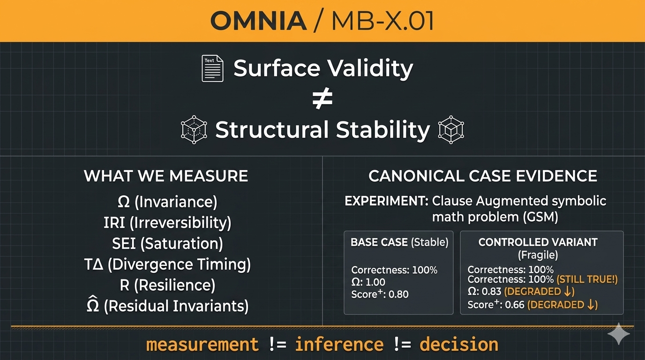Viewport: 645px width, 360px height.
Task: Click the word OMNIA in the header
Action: click(x=258, y=21)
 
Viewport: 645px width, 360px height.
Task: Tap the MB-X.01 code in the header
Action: click(x=382, y=21)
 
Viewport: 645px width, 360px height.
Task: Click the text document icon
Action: click(x=212, y=68)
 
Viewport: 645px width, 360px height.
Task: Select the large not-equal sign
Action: click(x=322, y=99)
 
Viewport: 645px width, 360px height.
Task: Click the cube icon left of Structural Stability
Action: click(x=194, y=129)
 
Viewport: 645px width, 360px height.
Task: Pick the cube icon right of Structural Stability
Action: click(x=451, y=129)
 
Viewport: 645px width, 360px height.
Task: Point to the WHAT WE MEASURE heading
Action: click(x=166, y=176)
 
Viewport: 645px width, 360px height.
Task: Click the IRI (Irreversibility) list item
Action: click(x=167, y=223)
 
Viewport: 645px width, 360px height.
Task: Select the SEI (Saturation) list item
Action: click(x=167, y=244)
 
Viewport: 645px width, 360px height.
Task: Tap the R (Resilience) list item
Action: click(x=167, y=285)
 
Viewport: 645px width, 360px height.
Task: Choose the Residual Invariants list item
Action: click(x=167, y=305)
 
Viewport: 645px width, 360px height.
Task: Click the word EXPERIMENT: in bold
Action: click(x=386, y=201)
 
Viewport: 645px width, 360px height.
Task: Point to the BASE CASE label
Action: click(x=379, y=242)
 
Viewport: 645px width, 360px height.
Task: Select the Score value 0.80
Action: click(x=398, y=294)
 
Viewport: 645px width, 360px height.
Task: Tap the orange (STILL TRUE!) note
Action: click(x=587, y=279)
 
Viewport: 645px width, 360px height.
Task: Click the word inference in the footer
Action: click(x=339, y=345)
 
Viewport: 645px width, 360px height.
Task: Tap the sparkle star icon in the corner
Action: click(x=619, y=334)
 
